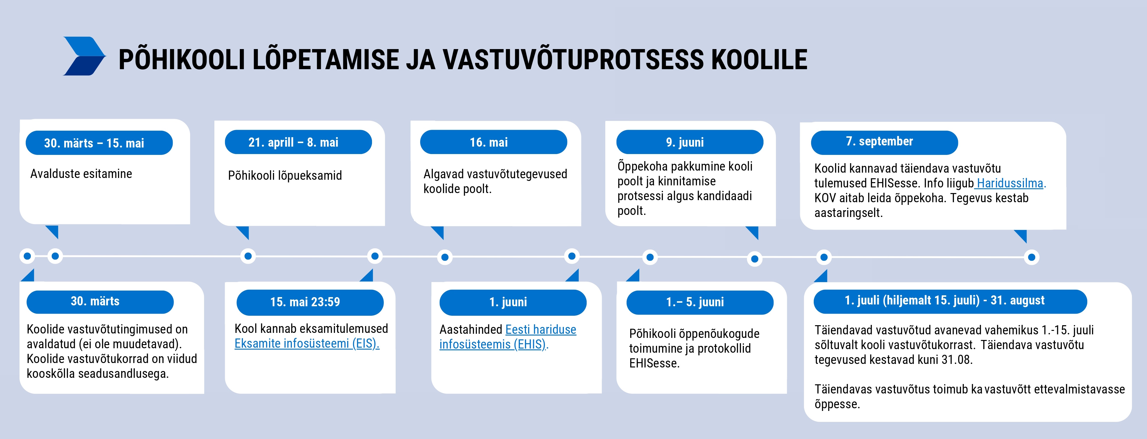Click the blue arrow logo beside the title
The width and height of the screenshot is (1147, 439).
tap(85, 56)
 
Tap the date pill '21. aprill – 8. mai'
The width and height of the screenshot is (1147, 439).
tap(298, 142)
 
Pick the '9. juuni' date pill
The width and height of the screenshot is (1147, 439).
tap(690, 142)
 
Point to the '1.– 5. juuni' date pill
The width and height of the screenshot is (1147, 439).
tap(700, 302)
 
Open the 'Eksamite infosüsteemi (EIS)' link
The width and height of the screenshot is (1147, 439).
tap(307, 344)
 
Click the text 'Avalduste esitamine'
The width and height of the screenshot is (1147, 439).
tap(81, 174)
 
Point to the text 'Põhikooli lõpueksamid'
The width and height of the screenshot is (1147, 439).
tap(285, 175)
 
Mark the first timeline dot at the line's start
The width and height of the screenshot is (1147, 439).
tap(27, 256)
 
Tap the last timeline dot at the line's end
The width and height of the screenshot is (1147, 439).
tap(1032, 257)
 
